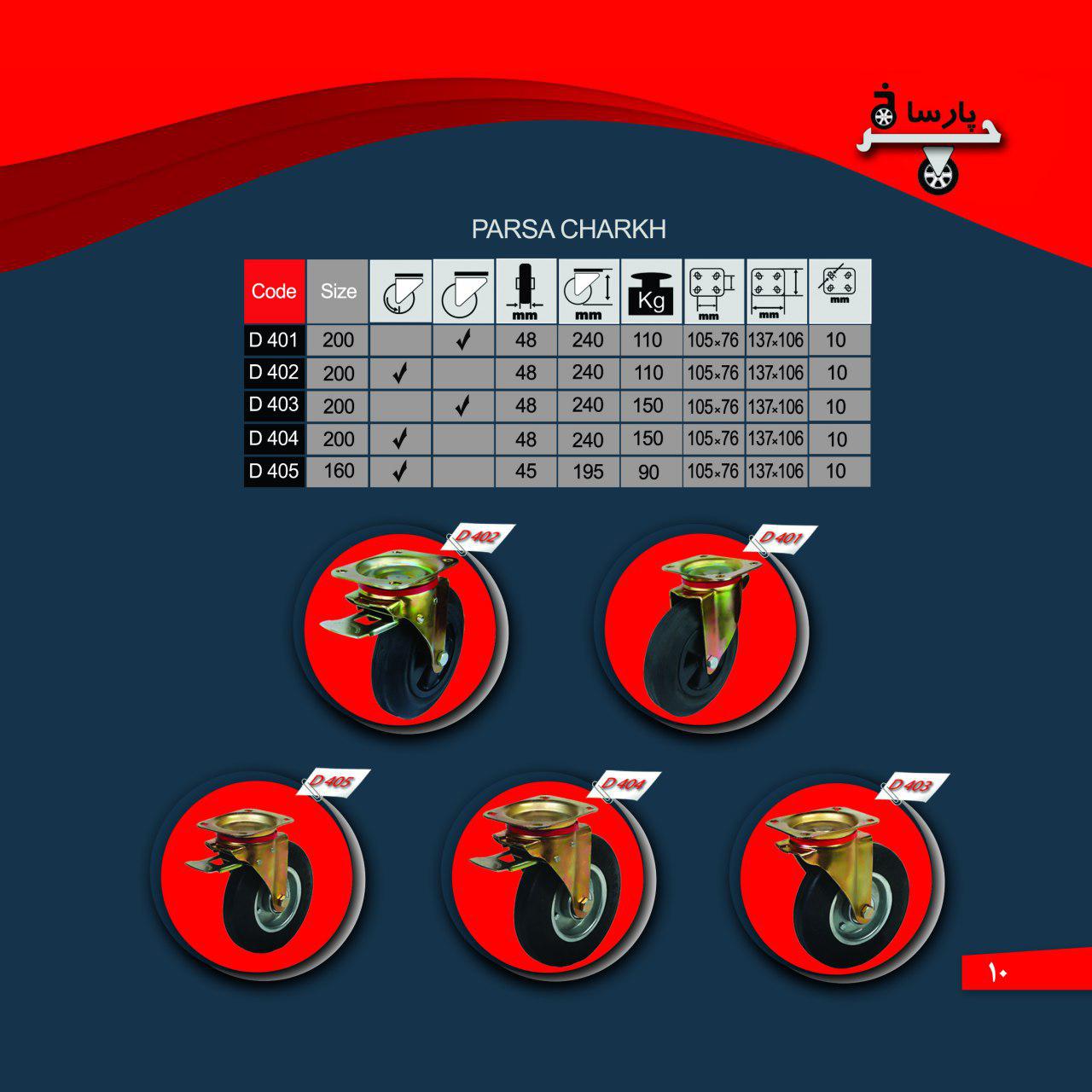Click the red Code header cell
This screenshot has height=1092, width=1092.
pos(274,291)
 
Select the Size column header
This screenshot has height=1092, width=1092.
pos(338,291)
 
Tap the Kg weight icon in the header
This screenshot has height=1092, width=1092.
pos(651,293)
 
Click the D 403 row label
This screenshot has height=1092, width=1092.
pos(274,404)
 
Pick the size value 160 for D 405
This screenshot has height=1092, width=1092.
pos(339,471)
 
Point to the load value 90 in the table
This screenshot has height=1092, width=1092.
pos(648,472)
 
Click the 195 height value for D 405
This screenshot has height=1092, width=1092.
pos(588,472)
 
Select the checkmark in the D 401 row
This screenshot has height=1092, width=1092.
pos(463,340)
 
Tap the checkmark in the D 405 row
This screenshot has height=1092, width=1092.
pos(399,471)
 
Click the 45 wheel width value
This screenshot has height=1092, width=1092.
pos(526,472)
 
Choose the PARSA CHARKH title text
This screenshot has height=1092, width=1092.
pos(568,229)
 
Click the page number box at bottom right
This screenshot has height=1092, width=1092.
pos(1026,972)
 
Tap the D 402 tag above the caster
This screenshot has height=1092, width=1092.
pos(479,536)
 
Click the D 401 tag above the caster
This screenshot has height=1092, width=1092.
pos(781,537)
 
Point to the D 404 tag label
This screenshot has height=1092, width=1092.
pos(624,784)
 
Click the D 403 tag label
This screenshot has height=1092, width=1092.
pos(912,786)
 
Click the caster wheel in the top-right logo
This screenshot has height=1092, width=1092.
pos(938,174)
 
